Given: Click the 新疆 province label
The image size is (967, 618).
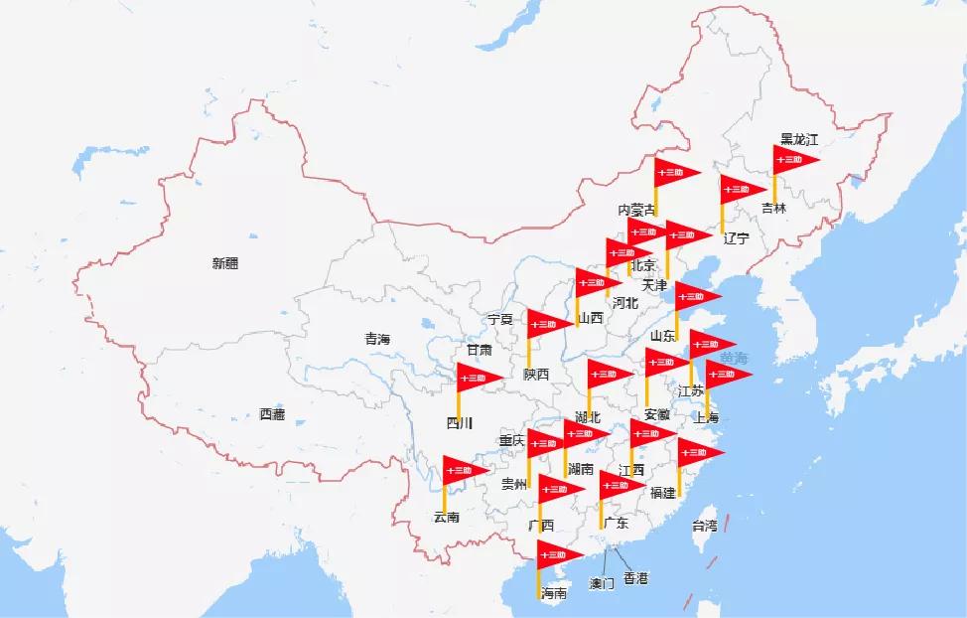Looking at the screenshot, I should pos(225,263).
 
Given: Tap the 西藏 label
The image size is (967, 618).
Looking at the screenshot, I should pos(272,414).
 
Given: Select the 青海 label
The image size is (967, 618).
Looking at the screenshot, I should pos(377,339).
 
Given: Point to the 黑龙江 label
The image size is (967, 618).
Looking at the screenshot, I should pos(799,139).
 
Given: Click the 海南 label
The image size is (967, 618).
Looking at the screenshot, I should pos(553,593).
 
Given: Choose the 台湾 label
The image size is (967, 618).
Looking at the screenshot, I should pos(704,526).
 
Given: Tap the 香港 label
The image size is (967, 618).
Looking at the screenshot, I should pos(635,577).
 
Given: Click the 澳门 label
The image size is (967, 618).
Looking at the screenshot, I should pos(602,583).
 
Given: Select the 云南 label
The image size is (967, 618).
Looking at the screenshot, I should pos(446,517).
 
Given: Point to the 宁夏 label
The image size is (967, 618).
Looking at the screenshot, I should pos(500,319).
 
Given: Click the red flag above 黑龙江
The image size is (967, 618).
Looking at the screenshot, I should pos(796,159).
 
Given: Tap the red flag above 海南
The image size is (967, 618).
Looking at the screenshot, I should pos(559,554).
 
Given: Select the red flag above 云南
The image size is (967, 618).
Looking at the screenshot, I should pos(465,470).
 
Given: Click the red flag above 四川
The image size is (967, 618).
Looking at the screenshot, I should pos(479,378).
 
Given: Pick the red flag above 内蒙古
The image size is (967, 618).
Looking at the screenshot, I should pos(677,172).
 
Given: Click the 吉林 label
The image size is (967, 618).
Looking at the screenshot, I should pos(773,209).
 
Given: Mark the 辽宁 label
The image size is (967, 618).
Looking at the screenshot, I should pos(736,238).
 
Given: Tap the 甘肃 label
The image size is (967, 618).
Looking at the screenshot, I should pos(480,350).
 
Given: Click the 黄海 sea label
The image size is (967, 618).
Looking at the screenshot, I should pos(735,358).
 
